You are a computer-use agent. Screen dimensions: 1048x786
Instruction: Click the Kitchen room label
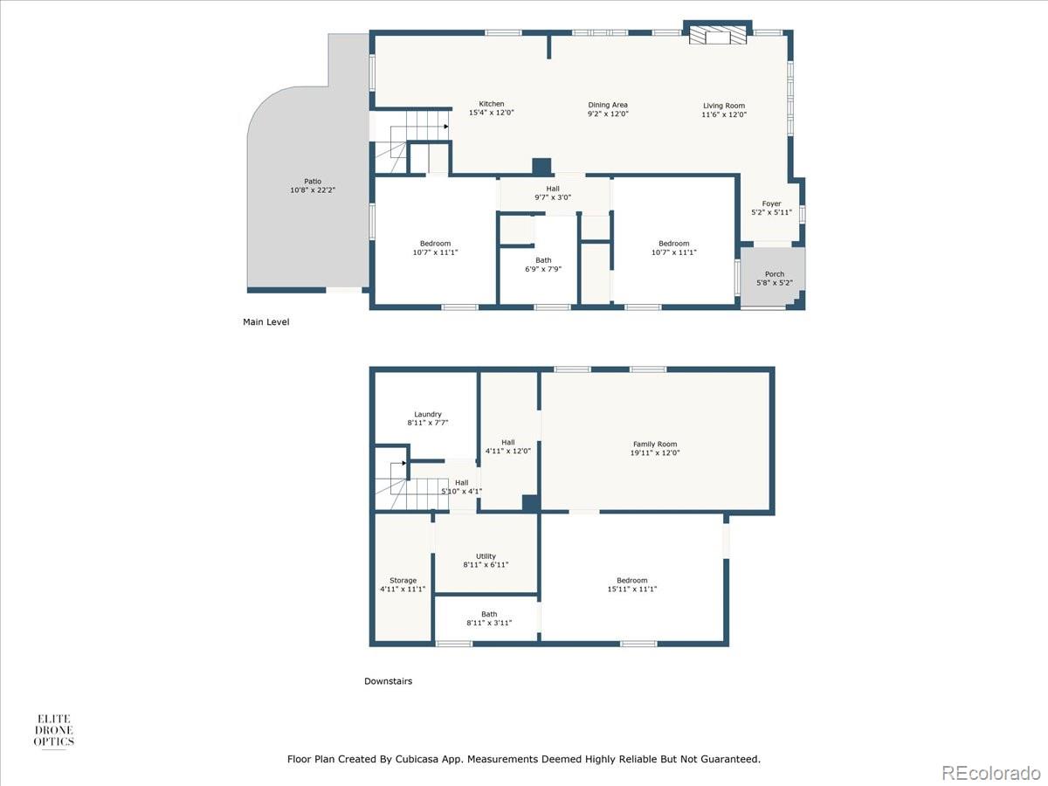point(492,104)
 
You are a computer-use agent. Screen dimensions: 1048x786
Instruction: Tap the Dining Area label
point(608,105)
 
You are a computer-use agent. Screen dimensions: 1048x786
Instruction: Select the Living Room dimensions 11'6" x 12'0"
point(724,114)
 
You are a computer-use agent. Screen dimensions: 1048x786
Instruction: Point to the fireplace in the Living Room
point(717,34)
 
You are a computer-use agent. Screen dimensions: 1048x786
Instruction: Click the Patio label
point(313,182)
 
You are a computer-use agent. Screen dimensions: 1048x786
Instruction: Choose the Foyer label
point(771,203)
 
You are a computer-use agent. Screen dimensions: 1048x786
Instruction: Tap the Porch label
point(775,274)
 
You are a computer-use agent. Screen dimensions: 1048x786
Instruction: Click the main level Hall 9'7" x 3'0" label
point(553,193)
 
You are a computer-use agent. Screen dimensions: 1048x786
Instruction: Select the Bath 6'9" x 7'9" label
point(543,265)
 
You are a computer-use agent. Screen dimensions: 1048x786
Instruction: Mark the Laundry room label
point(428,414)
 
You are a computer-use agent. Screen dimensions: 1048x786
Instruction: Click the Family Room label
point(655,444)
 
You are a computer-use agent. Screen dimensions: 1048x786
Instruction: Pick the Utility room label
point(486,556)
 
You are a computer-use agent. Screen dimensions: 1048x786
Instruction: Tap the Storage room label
point(403,580)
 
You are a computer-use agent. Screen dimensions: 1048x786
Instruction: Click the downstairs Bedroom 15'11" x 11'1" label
point(632,584)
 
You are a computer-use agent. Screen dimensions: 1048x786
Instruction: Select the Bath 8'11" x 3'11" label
point(489,618)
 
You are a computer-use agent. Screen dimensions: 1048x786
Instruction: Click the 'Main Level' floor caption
point(266,322)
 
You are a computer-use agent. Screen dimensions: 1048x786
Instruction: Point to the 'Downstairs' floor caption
point(388,681)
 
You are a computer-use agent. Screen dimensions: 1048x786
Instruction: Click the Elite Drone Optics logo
point(54,730)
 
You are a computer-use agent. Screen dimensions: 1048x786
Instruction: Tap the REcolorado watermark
point(990,772)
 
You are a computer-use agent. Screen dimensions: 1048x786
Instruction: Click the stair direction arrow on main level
point(446,127)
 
